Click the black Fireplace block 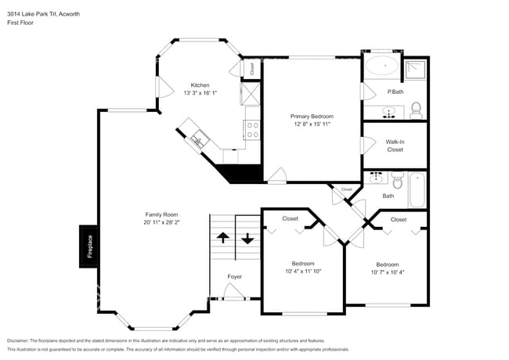pyautogui.click(x=88, y=247)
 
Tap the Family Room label pyautogui.click(x=161, y=214)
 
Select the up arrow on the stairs pyautogui.click(x=222, y=238)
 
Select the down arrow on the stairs pyautogui.click(x=247, y=238)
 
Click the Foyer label pyautogui.click(x=234, y=276)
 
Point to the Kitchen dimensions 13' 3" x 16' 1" pyautogui.click(x=200, y=93)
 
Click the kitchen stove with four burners pyautogui.click(x=253, y=129)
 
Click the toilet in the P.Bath pyautogui.click(x=417, y=109)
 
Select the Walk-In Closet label pyautogui.click(x=395, y=146)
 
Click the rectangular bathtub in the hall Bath pyautogui.click(x=417, y=190)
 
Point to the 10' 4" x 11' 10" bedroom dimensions pyautogui.click(x=302, y=272)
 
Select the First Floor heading pyautogui.click(x=22, y=23)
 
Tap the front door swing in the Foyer pyautogui.click(x=234, y=292)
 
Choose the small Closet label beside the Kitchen pyautogui.click(x=252, y=69)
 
